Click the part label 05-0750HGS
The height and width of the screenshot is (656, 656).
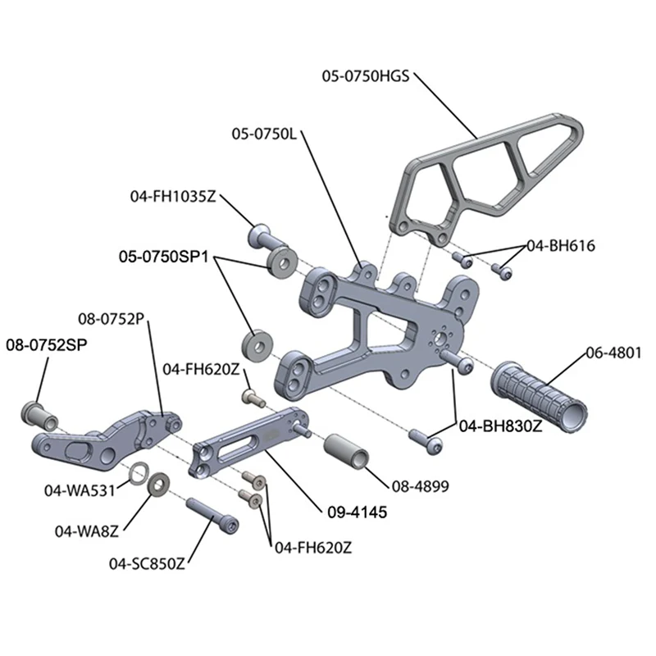tap(368, 77)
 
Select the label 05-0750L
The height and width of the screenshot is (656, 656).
tap(267, 132)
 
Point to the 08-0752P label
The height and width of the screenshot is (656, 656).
tap(111, 317)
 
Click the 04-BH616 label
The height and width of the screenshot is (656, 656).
tap(560, 245)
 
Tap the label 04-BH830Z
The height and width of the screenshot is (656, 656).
tap(489, 426)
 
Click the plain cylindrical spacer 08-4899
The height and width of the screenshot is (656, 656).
tap(348, 453)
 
